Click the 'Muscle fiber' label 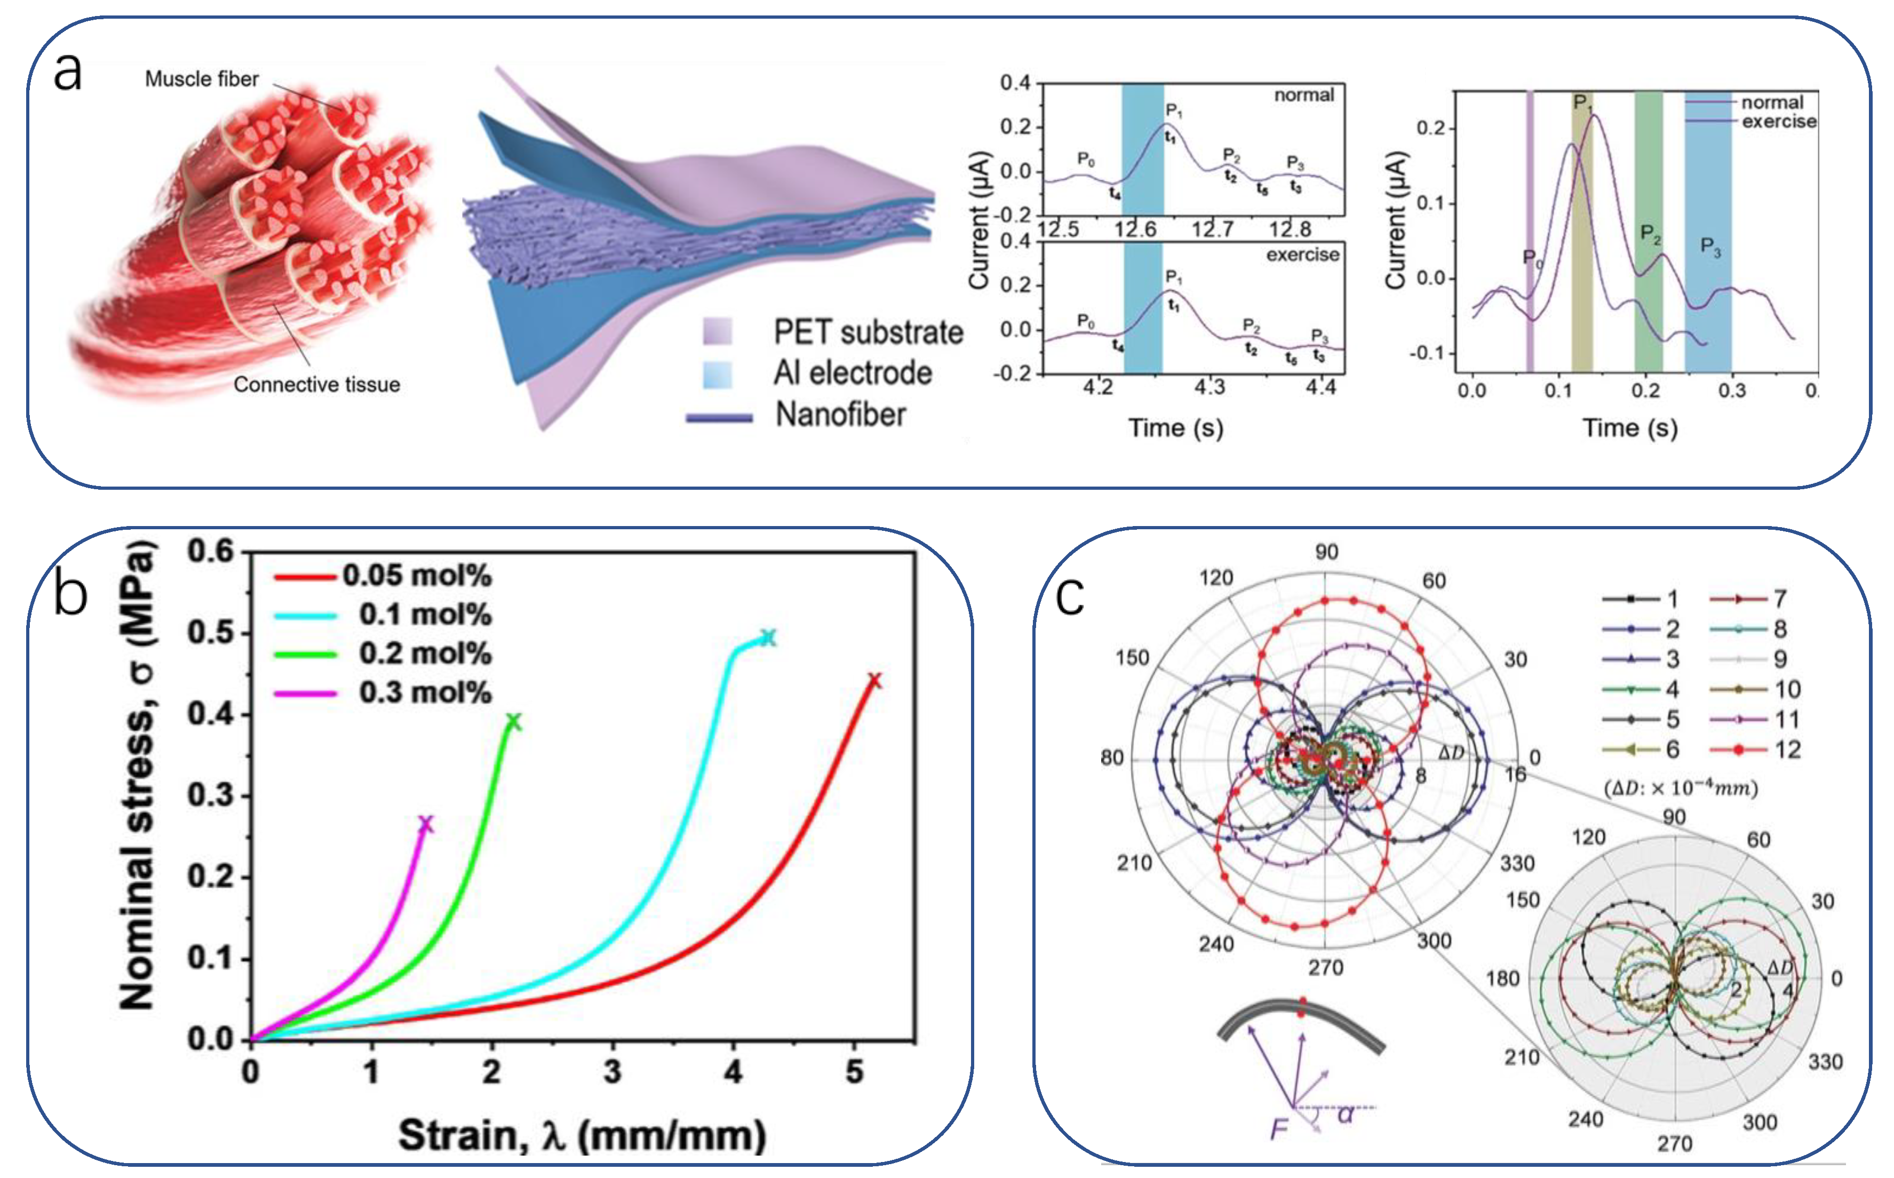coord(201,78)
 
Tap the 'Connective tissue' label coord(316,384)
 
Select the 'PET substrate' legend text coord(868,333)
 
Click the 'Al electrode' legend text coord(853,373)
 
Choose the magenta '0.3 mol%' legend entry coord(425,693)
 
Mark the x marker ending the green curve coord(513,722)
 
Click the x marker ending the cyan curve coord(768,638)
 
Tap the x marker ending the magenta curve coord(425,824)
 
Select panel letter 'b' coord(70,596)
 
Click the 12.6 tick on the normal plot coord(1135,229)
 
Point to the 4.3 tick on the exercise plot coord(1210,386)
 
